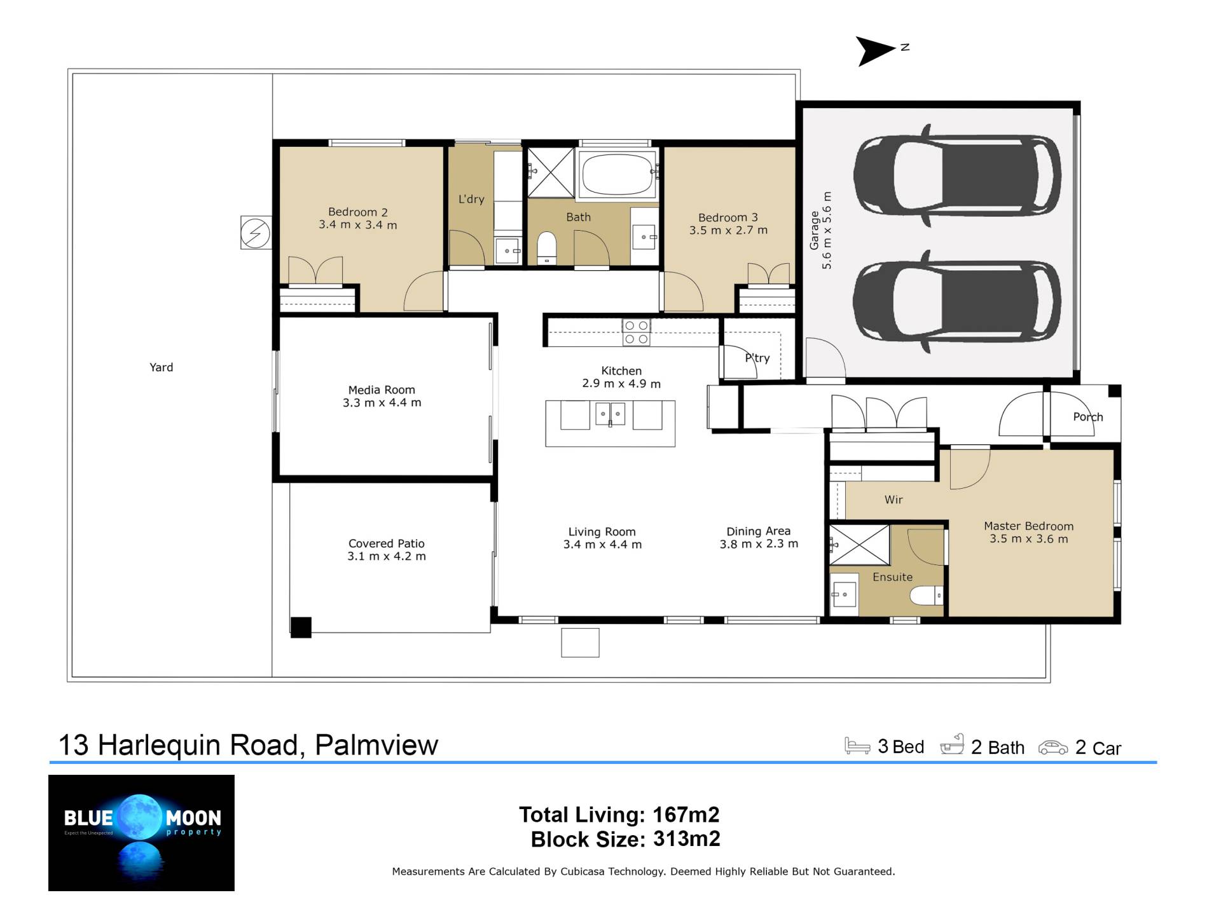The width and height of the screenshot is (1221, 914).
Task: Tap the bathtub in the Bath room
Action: [x=617, y=173]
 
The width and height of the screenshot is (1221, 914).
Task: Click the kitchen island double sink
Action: [x=610, y=414]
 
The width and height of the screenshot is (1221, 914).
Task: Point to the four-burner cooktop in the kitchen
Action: [x=636, y=332]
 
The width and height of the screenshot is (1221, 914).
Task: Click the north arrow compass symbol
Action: [x=878, y=51]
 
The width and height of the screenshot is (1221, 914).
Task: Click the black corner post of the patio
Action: [x=301, y=627]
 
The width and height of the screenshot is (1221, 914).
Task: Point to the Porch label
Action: [x=1088, y=417]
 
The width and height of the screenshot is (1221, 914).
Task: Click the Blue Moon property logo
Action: [x=141, y=833]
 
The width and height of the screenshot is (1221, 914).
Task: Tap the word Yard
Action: [x=161, y=367]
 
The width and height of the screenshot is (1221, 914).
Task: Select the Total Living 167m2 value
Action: [x=686, y=814]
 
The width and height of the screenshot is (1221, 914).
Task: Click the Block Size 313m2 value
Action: [x=687, y=839]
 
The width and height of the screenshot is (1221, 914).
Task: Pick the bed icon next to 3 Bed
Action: [x=857, y=746]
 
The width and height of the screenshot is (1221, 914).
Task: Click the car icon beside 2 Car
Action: [x=1053, y=747]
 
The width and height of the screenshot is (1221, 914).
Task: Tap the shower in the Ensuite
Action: [x=859, y=545]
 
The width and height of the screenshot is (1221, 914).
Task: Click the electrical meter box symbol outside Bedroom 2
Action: [x=256, y=233]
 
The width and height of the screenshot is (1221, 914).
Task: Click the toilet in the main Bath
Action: [x=547, y=248]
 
